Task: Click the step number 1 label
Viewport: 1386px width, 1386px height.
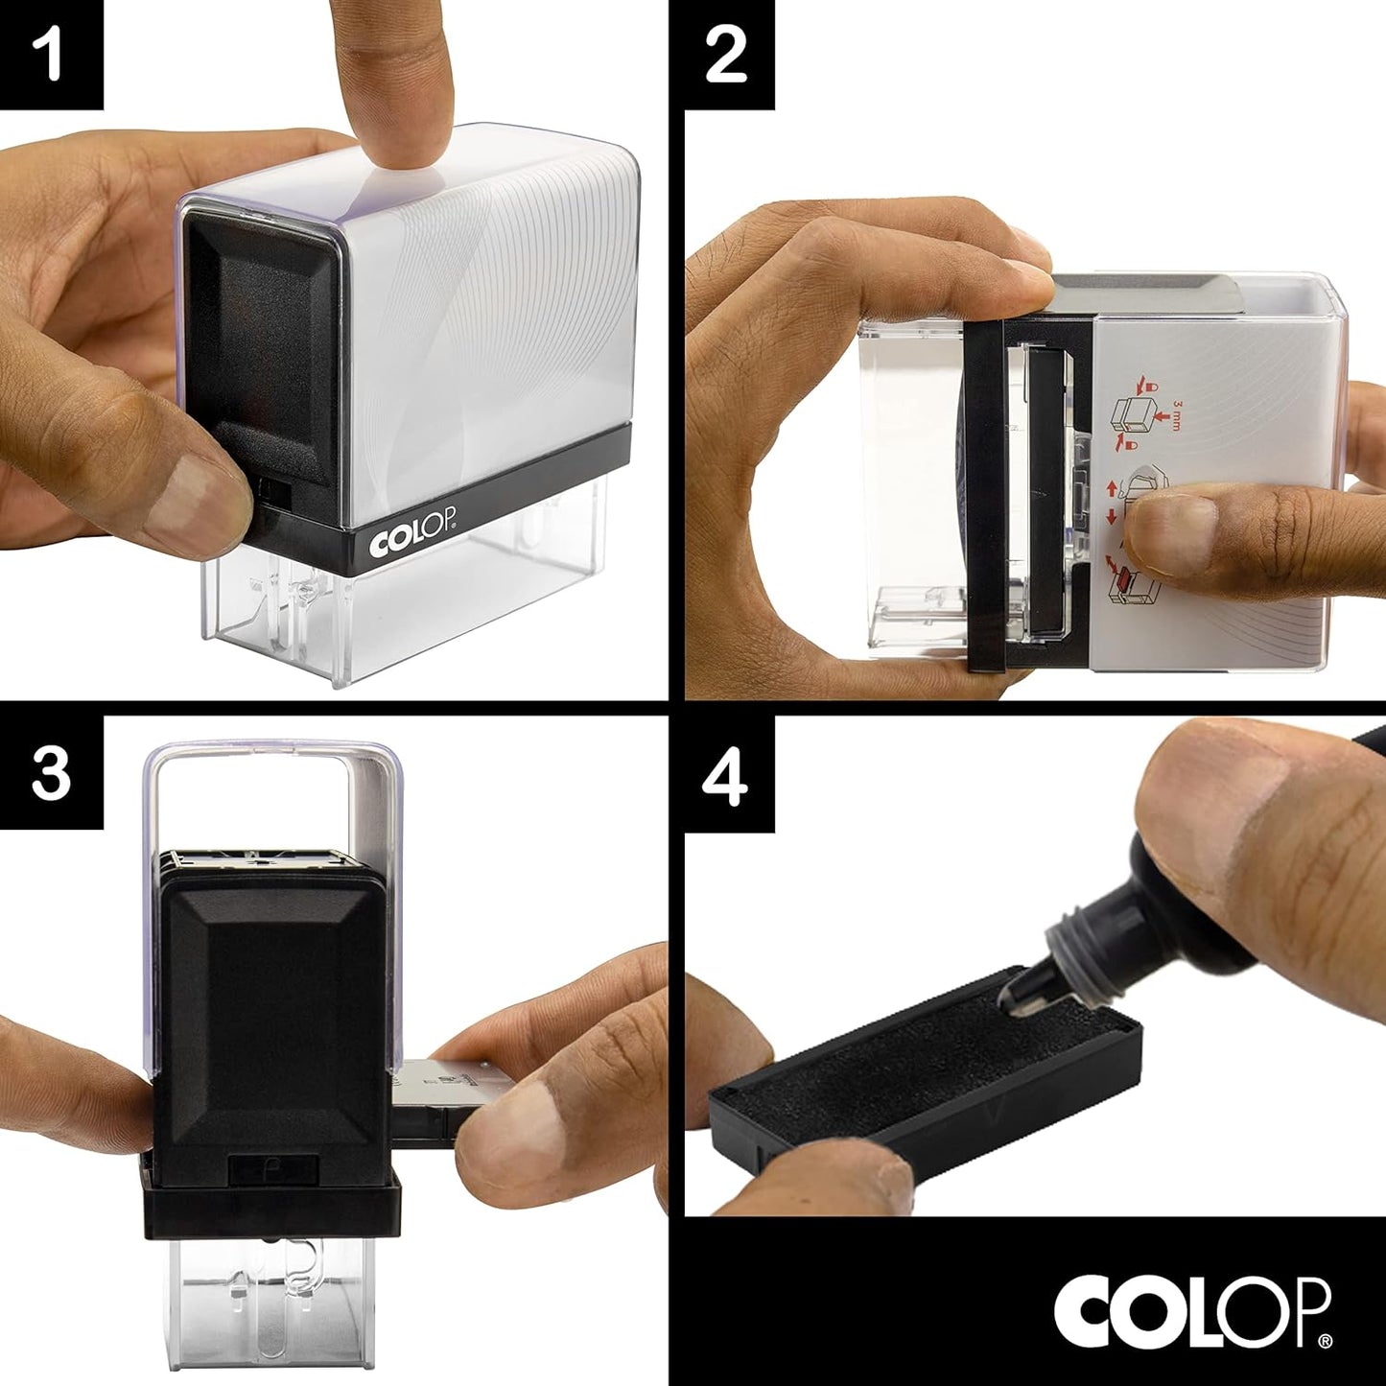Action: (x=50, y=54)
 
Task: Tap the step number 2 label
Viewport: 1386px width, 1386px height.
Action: (x=726, y=55)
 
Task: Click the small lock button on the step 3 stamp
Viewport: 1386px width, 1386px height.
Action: (x=272, y=1168)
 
